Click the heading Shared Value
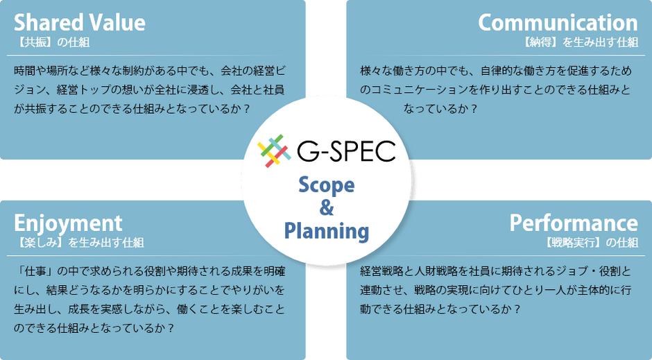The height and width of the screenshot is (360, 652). pos(80,22)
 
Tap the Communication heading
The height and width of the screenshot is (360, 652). pos(558,22)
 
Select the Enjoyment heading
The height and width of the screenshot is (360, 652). pos(68,224)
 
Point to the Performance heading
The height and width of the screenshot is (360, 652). pos(574,223)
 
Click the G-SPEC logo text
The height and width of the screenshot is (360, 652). pos(346,151)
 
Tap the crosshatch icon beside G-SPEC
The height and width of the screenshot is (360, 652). pos(274,151)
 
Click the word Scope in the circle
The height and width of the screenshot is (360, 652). pos(327,185)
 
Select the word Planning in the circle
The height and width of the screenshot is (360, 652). pos(327,231)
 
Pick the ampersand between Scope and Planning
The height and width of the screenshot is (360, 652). pos(327,207)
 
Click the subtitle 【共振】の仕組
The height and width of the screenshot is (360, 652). pos(52,42)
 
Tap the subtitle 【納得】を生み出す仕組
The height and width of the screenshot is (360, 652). pos(580,42)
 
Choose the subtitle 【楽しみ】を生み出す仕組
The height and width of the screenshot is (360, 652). pos(79,243)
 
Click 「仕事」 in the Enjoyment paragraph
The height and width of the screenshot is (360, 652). pos(35,271)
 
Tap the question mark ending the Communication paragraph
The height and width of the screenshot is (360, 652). pos(473,109)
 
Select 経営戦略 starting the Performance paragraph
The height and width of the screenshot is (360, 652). pos(381,271)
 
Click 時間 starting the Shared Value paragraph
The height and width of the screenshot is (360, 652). pos(25,71)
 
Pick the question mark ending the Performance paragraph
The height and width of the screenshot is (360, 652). pos(517,309)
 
